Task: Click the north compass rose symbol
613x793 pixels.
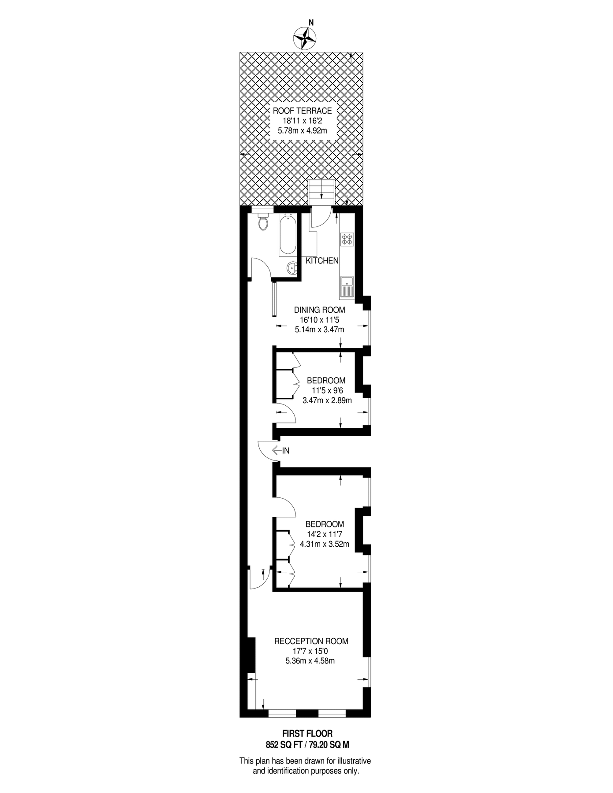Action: (x=304, y=38)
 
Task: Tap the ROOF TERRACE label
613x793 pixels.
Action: (x=302, y=111)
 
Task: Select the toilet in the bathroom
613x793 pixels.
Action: (x=263, y=222)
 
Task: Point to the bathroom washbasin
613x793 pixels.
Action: (x=292, y=267)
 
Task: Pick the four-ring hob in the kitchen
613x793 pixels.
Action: (x=347, y=239)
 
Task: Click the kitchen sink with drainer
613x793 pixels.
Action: (x=347, y=286)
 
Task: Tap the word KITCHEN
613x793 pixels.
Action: (x=322, y=261)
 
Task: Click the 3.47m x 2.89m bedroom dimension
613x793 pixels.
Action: (x=327, y=401)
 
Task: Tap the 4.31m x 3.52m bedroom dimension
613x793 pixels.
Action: (x=325, y=544)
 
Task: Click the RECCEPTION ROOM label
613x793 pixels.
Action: (x=311, y=641)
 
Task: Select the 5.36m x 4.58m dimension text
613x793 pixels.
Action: (x=310, y=661)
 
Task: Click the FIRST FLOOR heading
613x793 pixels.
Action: (x=307, y=734)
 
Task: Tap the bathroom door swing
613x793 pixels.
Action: (x=261, y=268)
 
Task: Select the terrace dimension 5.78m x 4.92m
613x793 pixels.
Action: (x=303, y=130)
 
